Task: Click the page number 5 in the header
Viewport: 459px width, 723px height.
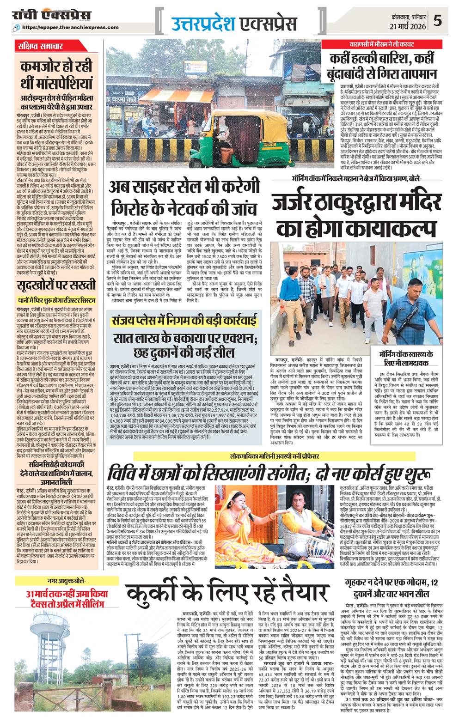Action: tap(438, 20)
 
